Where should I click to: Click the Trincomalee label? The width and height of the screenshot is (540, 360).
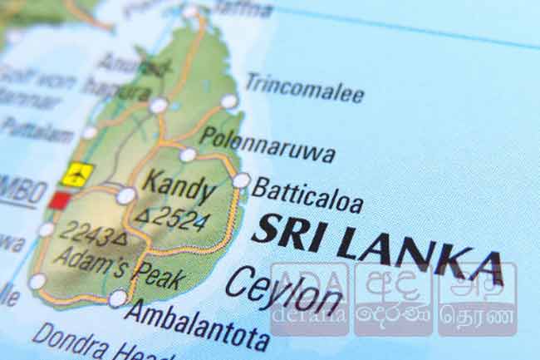pyautogui.click(x=304, y=87)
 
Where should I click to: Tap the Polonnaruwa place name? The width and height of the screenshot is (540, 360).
pyautogui.click(x=267, y=145)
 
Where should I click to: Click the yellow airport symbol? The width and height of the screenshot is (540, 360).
pyautogui.click(x=76, y=175)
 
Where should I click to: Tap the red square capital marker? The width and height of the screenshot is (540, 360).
pyautogui.click(x=59, y=200)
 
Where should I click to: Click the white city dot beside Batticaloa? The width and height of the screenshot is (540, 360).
pyautogui.click(x=241, y=180)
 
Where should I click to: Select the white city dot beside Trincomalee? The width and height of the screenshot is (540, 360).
pyautogui.click(x=228, y=101)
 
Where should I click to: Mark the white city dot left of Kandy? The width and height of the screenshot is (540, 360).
pyautogui.click(x=126, y=195)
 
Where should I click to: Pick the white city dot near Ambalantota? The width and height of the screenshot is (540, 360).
pyautogui.click(x=118, y=298)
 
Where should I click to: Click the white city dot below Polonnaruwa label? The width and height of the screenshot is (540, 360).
pyautogui.click(x=188, y=155)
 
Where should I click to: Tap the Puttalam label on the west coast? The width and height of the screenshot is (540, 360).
pyautogui.click(x=37, y=129)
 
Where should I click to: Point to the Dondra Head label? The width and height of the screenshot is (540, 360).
pyautogui.click(x=83, y=342)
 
